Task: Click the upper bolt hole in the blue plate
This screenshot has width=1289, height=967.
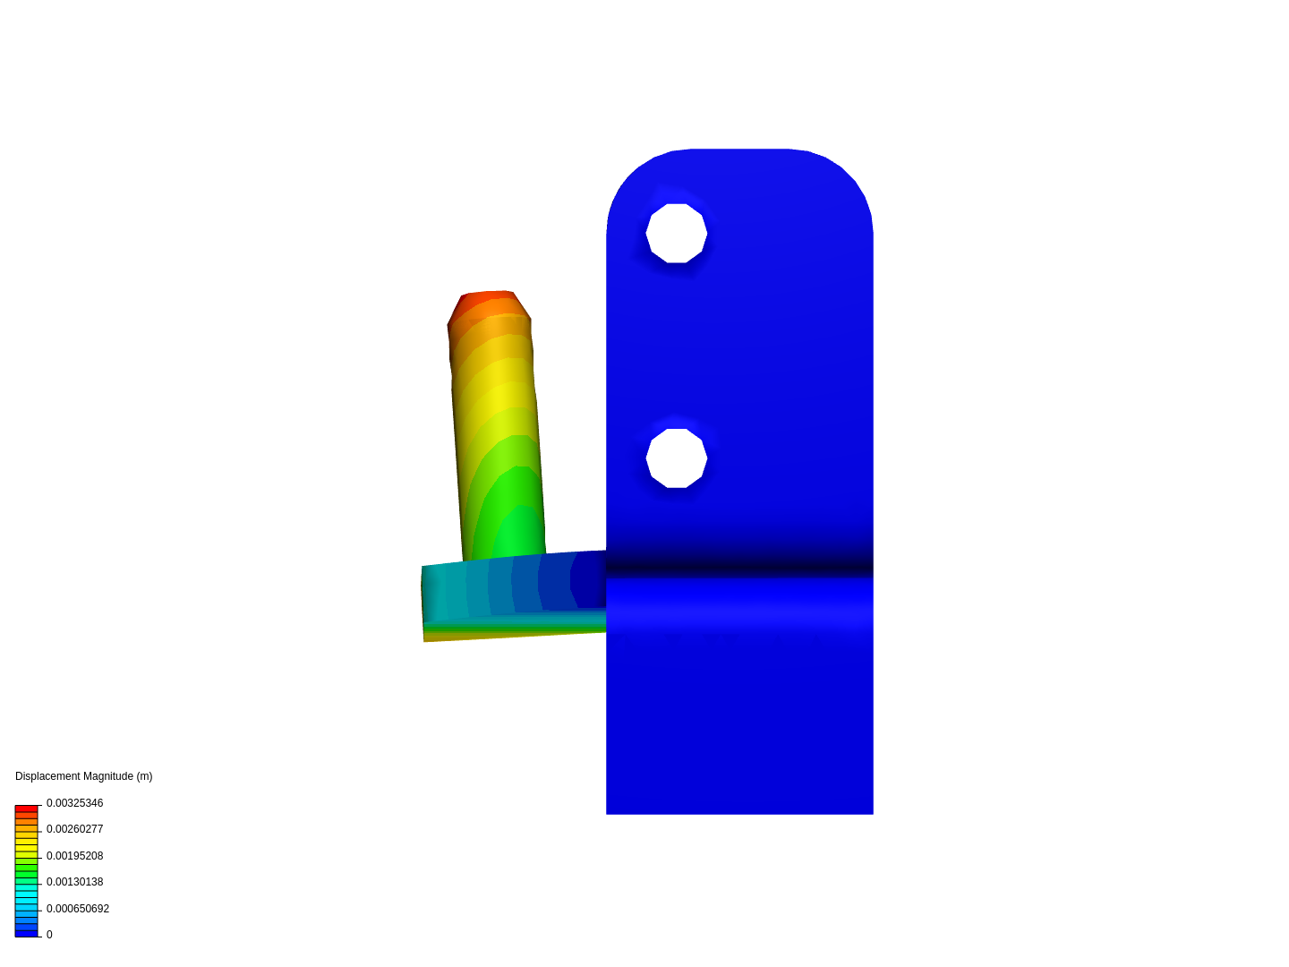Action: point(677,233)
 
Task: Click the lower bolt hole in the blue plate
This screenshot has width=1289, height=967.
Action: point(677,458)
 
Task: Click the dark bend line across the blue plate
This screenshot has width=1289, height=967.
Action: point(739,565)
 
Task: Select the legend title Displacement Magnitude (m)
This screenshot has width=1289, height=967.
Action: point(84,776)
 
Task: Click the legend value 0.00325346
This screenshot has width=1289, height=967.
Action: point(74,803)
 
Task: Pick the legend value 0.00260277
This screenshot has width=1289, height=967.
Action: point(74,829)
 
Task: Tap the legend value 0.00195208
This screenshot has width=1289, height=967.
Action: point(74,856)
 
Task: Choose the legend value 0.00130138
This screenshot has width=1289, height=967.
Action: point(74,882)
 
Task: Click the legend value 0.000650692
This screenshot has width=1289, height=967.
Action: point(78,909)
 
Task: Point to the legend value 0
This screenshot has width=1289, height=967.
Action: point(49,935)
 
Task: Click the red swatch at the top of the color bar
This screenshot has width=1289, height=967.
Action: point(27,809)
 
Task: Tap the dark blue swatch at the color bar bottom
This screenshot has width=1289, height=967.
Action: point(27,933)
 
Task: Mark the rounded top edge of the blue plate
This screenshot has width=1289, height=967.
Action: point(739,150)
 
